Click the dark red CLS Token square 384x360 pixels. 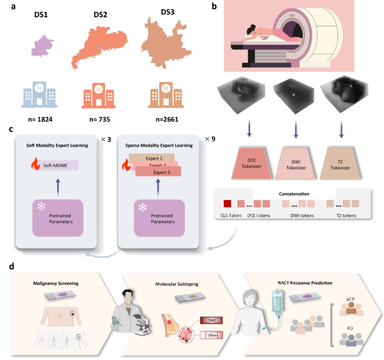(227, 203)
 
